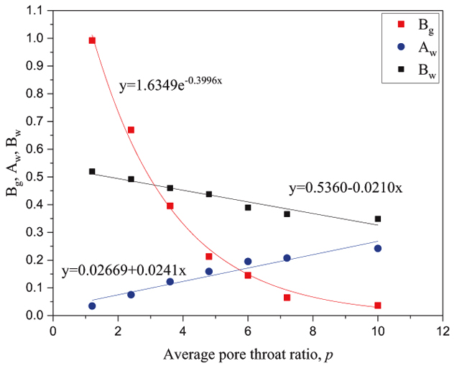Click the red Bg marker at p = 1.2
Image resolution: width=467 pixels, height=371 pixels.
point(92,40)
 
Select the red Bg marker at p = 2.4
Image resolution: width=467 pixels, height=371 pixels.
point(131,130)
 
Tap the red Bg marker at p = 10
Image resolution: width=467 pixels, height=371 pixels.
point(377,306)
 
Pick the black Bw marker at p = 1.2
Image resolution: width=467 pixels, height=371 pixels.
point(92,172)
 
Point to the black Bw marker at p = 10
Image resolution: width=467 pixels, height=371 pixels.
point(377,219)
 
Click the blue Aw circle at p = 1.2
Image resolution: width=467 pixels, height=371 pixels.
point(92,306)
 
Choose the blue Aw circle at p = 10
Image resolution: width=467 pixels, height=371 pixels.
point(377,248)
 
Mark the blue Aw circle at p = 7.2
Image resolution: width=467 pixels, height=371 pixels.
point(287,258)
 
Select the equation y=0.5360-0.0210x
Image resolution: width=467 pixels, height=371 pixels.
point(345,188)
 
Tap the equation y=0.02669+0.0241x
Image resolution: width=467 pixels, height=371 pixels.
point(124,271)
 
